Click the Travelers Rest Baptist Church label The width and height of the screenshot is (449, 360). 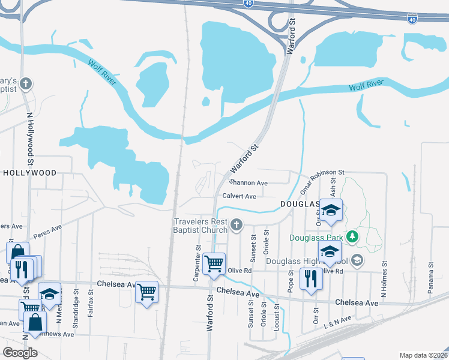pyautogui.click(x=200, y=226)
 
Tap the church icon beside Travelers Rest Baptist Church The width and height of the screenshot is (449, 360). pyautogui.click(x=237, y=226)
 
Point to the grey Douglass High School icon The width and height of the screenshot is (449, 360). pyautogui.click(x=357, y=260)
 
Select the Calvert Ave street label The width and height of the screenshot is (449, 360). pyautogui.click(x=239, y=196)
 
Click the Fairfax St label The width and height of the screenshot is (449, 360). pyautogui.click(x=90, y=303)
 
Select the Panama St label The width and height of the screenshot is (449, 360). pyautogui.click(x=430, y=277)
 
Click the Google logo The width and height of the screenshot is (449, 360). pyautogui.click(x=20, y=352)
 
